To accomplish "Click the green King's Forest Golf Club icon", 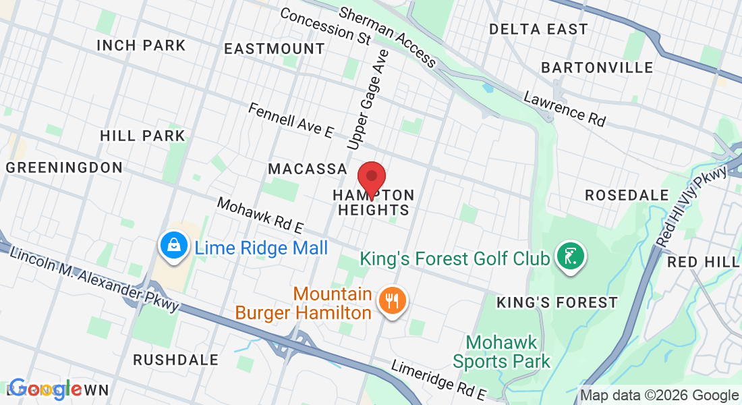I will [571, 257].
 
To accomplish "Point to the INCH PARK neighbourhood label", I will [141, 46].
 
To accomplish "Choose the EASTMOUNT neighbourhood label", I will [275, 49].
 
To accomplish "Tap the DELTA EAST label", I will [538, 30].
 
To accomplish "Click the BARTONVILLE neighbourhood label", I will [597, 68].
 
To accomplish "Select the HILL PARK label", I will [142, 136].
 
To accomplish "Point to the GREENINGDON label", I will [65, 167].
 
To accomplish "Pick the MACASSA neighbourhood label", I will [308, 169].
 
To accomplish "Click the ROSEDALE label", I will [627, 195].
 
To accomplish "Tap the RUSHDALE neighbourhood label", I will [176, 360].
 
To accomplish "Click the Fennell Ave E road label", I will [291, 121].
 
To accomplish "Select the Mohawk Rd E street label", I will [260, 215].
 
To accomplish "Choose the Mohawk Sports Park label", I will [501, 352].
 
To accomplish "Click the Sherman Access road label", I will [387, 36].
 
